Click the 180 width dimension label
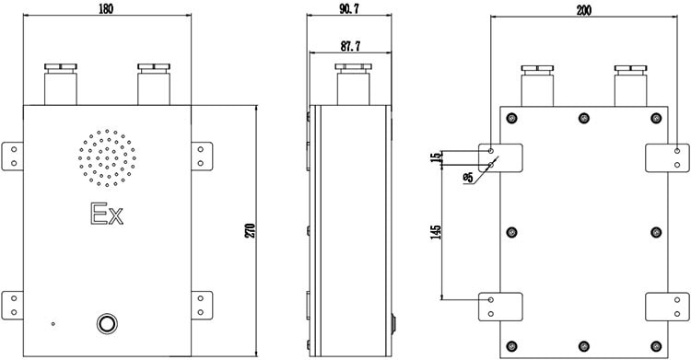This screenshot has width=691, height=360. [106, 9]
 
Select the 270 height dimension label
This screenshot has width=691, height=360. [250, 230]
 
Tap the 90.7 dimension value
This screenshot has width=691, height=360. [349, 9]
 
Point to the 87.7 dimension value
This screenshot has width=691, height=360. [350, 46]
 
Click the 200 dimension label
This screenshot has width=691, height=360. [584, 10]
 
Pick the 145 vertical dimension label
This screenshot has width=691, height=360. [436, 232]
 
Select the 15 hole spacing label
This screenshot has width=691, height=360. [436, 157]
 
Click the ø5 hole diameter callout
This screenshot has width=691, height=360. [468, 178]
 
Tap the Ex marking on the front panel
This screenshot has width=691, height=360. [107, 214]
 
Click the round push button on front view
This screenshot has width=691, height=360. [107, 324]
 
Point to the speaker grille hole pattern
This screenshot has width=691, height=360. [107, 157]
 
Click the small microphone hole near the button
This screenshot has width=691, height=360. [53, 324]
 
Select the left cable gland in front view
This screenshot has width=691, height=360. [61, 84]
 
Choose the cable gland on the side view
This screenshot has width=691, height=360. [353, 84]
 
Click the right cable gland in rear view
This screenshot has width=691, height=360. [630, 86]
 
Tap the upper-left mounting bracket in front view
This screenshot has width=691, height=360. [12, 157]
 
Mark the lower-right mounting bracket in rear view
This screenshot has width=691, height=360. [667, 307]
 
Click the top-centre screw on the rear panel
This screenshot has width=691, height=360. [584, 118]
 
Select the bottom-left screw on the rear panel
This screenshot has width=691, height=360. [511, 346]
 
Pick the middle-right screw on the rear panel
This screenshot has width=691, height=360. [656, 232]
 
